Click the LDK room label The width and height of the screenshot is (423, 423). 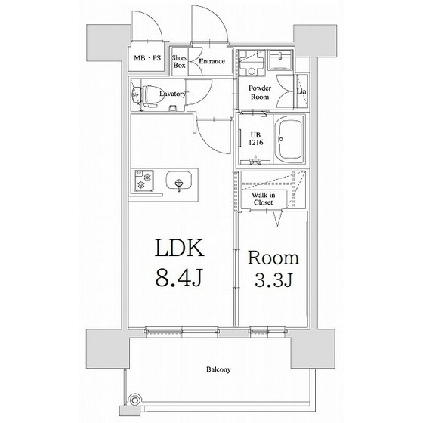[180, 248]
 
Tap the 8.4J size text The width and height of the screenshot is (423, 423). [179, 277]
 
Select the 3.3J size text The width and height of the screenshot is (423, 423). [273, 280]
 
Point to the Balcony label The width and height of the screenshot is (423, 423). [218, 369]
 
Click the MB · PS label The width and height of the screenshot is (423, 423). [147, 58]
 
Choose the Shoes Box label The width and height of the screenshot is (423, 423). [179, 61]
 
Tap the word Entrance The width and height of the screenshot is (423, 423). [211, 61]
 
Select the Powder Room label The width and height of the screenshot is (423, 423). [260, 92]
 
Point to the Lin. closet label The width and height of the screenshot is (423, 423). [302, 91]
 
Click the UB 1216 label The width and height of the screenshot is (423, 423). [256, 139]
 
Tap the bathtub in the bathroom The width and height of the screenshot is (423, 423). [290, 140]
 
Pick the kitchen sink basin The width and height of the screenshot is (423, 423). [179, 181]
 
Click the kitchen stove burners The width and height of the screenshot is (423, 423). [144, 181]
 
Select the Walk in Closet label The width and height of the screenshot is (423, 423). [264, 199]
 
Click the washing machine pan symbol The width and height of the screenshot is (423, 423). [252, 63]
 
